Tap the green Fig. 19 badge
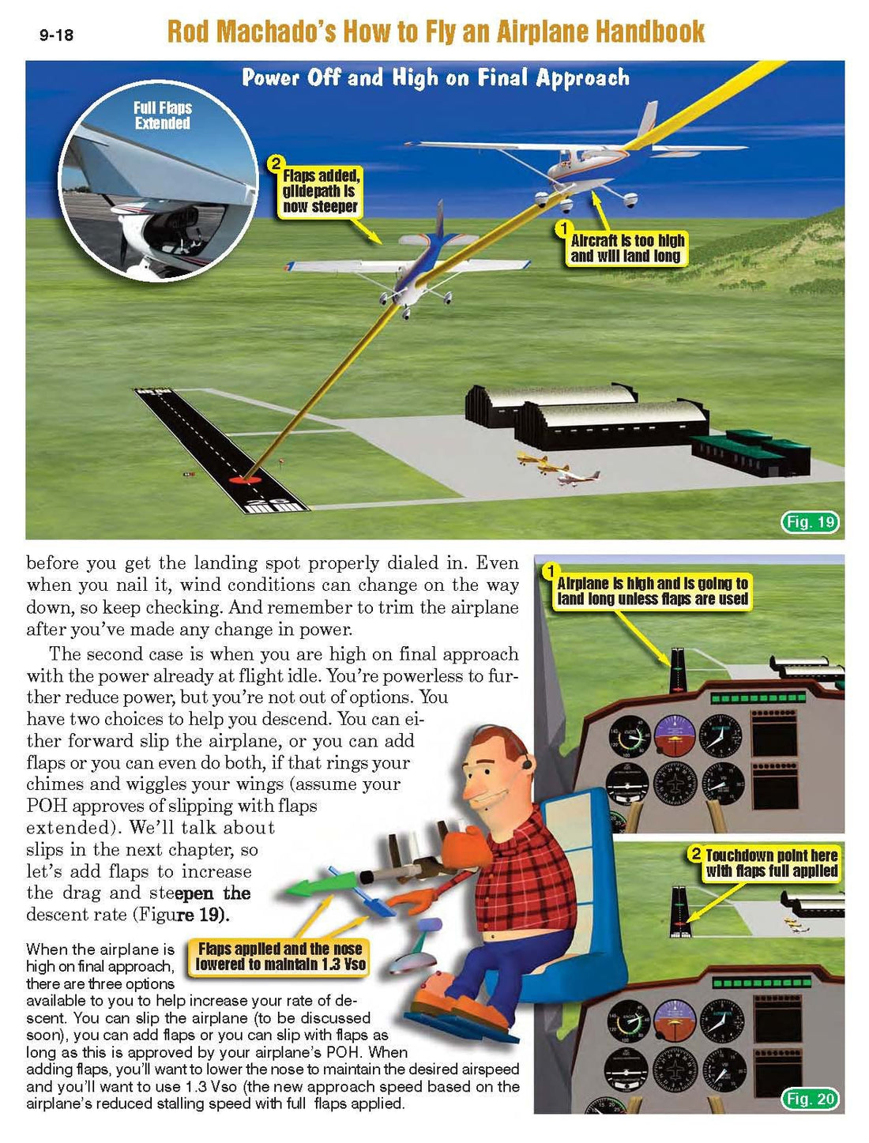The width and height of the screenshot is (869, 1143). tap(810, 522)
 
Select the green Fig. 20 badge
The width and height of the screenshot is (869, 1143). tap(810, 1099)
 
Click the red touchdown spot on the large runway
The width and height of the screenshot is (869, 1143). tap(246, 479)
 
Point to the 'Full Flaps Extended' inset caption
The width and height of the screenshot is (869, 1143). tap(162, 115)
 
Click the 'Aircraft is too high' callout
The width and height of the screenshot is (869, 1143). tap(627, 248)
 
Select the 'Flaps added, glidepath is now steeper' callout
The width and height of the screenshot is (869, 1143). tap(321, 191)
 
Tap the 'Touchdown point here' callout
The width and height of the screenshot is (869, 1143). tap(771, 863)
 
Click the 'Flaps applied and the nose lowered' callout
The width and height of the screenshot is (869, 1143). tap(280, 957)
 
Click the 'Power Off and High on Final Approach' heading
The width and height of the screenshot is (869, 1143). tap(435, 77)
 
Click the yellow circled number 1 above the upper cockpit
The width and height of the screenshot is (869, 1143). tap(551, 571)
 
